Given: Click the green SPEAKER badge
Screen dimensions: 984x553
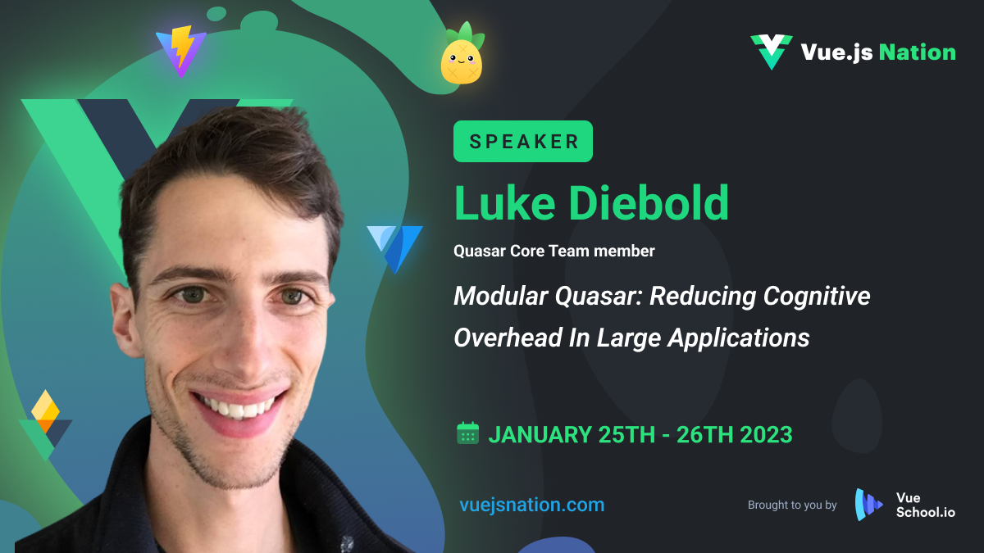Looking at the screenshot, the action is (x=523, y=141).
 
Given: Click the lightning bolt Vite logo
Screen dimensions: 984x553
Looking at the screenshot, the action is (x=181, y=52).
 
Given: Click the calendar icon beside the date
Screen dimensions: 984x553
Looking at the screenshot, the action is (x=468, y=433).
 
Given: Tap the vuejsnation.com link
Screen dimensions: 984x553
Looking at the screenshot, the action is (x=532, y=505).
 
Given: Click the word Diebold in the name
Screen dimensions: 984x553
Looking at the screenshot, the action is (x=649, y=203).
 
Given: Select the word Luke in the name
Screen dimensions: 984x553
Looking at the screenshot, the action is (x=505, y=203).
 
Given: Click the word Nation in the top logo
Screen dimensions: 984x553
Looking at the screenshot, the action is (x=918, y=52).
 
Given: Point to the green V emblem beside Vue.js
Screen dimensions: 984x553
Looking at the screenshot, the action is (x=772, y=52).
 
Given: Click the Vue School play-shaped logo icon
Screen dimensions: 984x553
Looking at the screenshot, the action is (x=868, y=505).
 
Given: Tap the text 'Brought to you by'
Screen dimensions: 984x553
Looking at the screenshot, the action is (x=792, y=505).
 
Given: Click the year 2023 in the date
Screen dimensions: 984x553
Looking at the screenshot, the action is (x=766, y=434).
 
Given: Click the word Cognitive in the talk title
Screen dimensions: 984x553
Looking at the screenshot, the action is (x=817, y=296).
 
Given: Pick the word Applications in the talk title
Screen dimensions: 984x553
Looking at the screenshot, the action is (x=739, y=338).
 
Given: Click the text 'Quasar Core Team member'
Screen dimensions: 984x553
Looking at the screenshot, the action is (x=554, y=251).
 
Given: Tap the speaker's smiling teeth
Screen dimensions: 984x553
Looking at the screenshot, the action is (x=235, y=407).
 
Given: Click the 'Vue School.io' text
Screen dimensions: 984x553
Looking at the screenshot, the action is (x=926, y=505).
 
